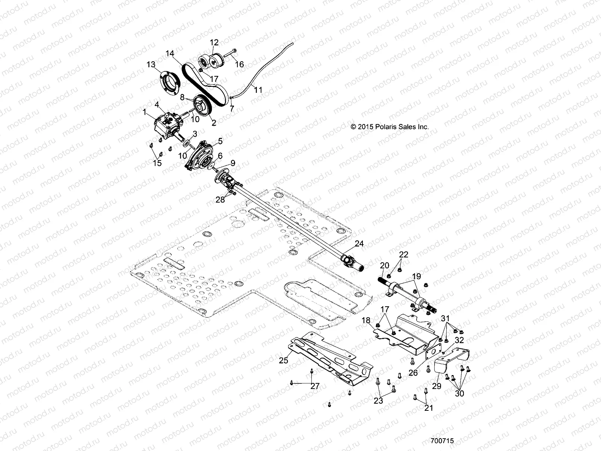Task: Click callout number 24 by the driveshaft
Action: click(x=359, y=244)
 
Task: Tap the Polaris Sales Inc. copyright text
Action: click(x=390, y=127)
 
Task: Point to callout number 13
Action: click(x=151, y=65)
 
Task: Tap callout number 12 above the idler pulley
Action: click(x=214, y=42)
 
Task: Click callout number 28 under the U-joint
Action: click(x=220, y=200)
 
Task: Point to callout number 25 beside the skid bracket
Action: click(x=284, y=360)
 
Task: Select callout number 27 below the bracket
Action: click(x=315, y=386)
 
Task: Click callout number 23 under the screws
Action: click(x=378, y=401)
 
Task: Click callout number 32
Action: click(x=459, y=340)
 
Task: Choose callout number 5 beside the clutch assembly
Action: click(x=220, y=141)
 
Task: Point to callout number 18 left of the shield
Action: click(x=366, y=320)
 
